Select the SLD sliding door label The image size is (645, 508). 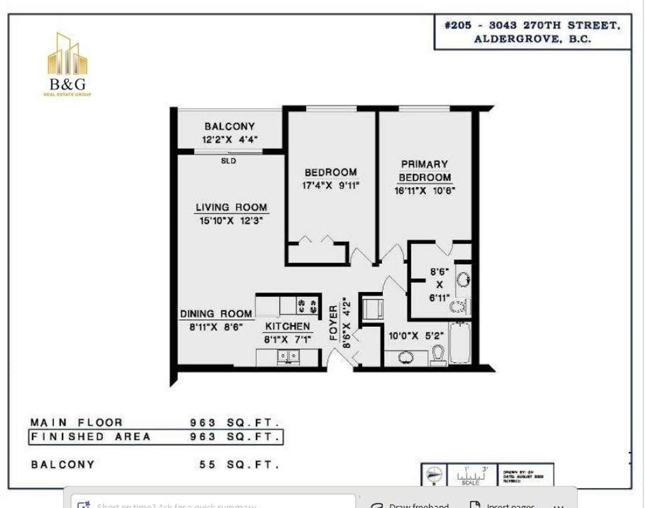(228, 161)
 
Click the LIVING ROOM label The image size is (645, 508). (231, 207)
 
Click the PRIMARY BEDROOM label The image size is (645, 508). (425, 171)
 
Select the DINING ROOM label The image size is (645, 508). (216, 314)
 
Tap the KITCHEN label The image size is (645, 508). (287, 326)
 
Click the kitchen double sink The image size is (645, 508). (288, 356)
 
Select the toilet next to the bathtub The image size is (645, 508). (438, 355)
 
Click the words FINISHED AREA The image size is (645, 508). (91, 437)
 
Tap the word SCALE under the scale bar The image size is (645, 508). (470, 483)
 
